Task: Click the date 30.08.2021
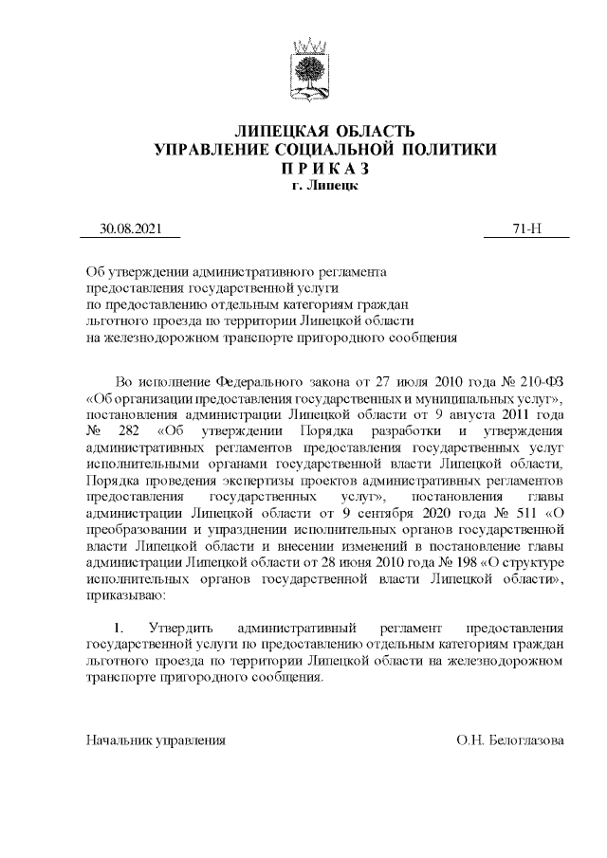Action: (132, 228)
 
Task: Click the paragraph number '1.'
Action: (120, 629)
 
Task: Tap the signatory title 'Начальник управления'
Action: (156, 739)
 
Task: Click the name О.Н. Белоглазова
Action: (509, 739)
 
